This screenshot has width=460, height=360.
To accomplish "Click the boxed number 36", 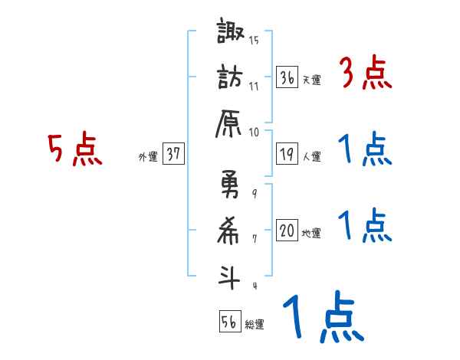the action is pyautogui.click(x=287, y=77).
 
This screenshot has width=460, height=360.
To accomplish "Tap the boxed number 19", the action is pyautogui.click(x=287, y=154).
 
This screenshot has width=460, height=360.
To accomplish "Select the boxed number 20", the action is pyautogui.click(x=287, y=231).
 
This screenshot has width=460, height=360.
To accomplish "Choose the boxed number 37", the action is pyautogui.click(x=173, y=154).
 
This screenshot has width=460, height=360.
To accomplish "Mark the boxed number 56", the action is pyautogui.click(x=228, y=322).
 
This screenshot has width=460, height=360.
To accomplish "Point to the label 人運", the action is pyautogui.click(x=311, y=156).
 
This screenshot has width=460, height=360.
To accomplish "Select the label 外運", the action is pyautogui.click(x=147, y=156).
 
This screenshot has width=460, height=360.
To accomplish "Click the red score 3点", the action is pyautogui.click(x=365, y=74).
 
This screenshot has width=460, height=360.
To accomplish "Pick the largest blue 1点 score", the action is pyautogui.click(x=321, y=318).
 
